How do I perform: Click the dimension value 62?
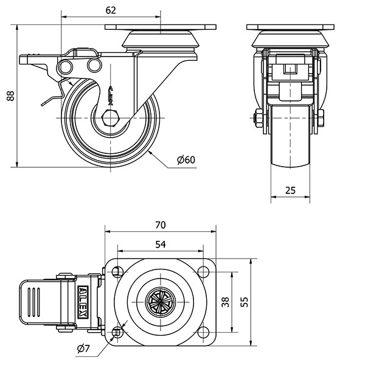110,10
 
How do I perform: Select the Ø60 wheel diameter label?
186,160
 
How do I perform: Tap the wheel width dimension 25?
290,190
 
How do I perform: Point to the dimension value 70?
161,224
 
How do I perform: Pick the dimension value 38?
226,301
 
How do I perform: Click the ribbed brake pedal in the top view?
36,301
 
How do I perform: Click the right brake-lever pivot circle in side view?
92,65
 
